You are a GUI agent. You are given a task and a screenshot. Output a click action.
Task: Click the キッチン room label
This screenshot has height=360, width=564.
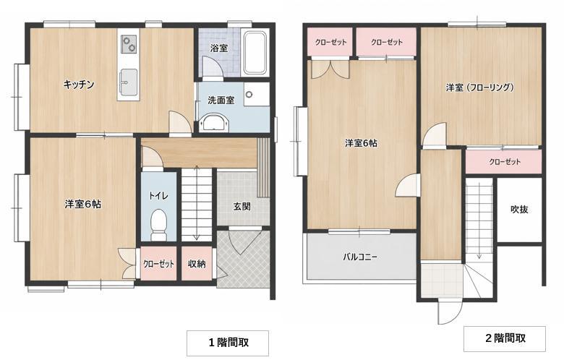pos(79,85)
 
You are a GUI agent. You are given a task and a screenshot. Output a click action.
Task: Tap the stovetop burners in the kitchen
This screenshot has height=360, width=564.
pos(129,44)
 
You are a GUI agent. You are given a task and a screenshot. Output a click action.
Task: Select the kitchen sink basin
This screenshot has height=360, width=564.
pos(128,82)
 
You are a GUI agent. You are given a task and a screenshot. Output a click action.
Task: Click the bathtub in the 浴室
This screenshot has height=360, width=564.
pos(255,53)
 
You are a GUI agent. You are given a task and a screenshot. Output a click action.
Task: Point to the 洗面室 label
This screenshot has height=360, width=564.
pos(221,100)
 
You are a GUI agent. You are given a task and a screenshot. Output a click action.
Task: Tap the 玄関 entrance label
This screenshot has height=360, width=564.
pos(242,207)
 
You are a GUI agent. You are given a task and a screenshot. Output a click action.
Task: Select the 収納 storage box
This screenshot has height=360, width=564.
pos(197,263)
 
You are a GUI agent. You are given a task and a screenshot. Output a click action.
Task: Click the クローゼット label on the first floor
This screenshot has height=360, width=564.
pos(158,264)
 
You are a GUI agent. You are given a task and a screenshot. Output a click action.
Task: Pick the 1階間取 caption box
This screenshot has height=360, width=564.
pos(228,343)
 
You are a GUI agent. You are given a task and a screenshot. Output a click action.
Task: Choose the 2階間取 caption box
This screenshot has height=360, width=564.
pos(505,338)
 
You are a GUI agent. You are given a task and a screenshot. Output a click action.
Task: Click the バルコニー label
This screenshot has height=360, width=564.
pos(360,257)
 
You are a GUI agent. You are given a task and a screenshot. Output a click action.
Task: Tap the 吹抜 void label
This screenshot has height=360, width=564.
pos(519,210)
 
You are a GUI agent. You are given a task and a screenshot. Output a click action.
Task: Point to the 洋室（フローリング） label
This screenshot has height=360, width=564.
pos(480,87)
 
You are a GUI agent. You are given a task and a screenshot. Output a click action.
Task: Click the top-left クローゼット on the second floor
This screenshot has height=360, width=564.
pos(330,42)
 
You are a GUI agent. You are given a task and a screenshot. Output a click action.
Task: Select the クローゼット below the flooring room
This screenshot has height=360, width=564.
pos(504,161)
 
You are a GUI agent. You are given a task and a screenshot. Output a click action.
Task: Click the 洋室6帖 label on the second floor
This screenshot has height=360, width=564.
pos(361,143)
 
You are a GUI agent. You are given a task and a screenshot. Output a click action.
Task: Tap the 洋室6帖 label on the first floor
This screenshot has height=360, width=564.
pos(83,205)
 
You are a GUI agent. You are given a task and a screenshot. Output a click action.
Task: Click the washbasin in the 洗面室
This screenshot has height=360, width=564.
pos(213,123)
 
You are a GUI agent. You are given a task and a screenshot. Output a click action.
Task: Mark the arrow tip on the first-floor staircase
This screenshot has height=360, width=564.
pos(197,239)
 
